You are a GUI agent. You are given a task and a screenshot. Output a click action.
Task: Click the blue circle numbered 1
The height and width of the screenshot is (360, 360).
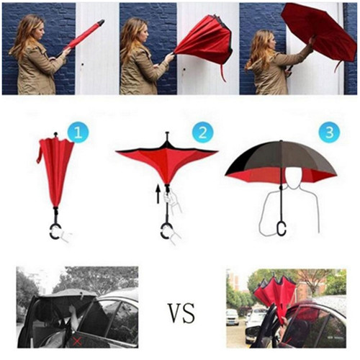(x=78, y=132)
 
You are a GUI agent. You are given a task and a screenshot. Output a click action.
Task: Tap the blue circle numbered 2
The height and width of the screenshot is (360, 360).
(x=203, y=132)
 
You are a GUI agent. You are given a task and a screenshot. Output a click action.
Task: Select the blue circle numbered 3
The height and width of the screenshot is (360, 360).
(x=330, y=132)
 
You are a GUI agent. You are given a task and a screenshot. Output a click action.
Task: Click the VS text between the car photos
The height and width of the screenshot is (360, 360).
(x=181, y=313)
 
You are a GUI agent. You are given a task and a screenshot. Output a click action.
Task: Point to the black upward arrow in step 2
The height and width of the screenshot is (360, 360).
(x=158, y=194)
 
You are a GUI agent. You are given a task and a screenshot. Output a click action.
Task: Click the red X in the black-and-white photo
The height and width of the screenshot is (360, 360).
(x=77, y=341)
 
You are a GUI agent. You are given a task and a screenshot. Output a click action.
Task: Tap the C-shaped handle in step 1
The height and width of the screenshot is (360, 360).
(x=55, y=231)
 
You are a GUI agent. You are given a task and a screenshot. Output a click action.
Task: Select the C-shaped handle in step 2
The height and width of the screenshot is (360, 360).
(x=165, y=231)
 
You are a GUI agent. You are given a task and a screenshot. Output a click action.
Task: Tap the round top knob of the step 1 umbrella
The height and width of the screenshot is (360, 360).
(x=56, y=133)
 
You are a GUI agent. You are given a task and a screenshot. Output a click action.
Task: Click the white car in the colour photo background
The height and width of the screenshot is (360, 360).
(x=233, y=317)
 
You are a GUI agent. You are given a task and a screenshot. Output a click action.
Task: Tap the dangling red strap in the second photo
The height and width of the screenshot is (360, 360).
(x=223, y=72)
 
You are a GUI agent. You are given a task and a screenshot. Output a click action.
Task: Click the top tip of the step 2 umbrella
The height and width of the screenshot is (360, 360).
(x=167, y=132)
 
